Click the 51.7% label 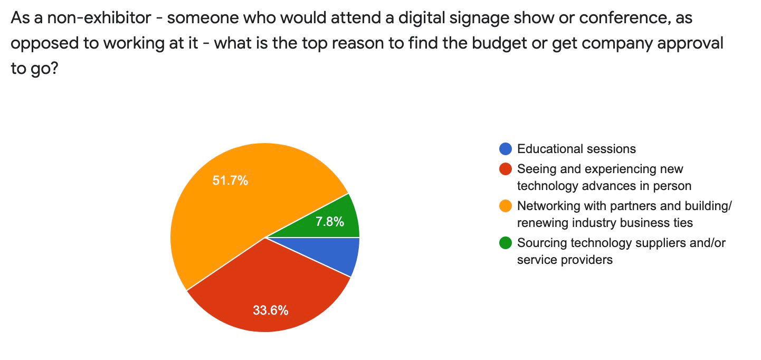230,181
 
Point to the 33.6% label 270,310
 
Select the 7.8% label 330,222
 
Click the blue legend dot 505,149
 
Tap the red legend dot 505,169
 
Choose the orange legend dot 505,206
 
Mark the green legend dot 505,243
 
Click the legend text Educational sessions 576,149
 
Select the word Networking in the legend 549,206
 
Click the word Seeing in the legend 534,169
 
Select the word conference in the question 620,18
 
